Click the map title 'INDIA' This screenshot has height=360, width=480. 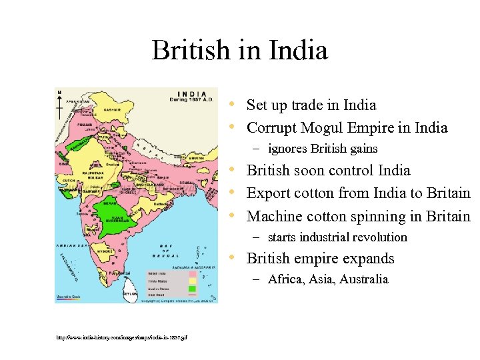(191, 93)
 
